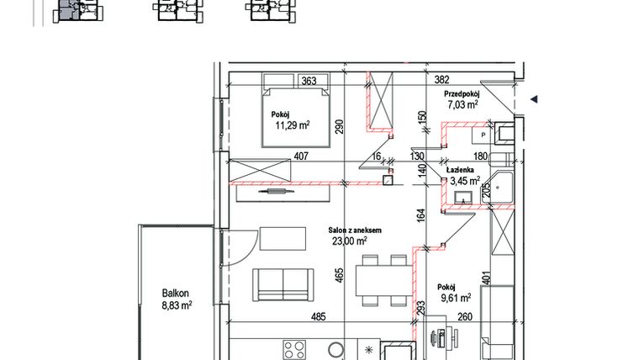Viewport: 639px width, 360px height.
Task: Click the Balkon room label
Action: coord(177,294)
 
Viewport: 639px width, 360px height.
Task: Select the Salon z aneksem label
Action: coord(356,230)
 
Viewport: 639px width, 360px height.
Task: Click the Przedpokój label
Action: coord(462,94)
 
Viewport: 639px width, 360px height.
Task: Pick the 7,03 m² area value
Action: coord(462,105)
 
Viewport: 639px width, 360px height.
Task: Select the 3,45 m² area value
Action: coord(463,180)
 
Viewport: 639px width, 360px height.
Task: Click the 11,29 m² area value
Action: coord(292,125)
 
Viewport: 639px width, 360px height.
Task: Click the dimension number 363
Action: coord(308,82)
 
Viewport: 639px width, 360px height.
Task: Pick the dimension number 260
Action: coord(465,318)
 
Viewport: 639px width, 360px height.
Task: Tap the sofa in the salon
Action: coord(284,283)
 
